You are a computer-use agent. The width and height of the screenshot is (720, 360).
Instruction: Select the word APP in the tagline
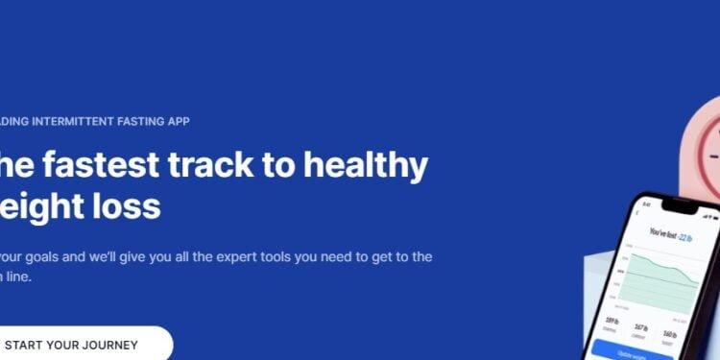point(177,121)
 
